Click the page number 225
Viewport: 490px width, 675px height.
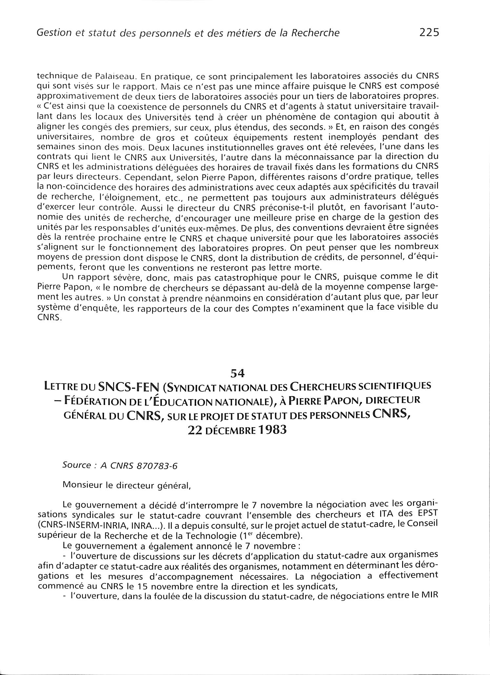pyautogui.click(x=429, y=33)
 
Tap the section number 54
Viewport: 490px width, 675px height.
pyautogui.click(x=238, y=373)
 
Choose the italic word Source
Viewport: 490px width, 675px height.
pyautogui.click(x=76, y=465)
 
